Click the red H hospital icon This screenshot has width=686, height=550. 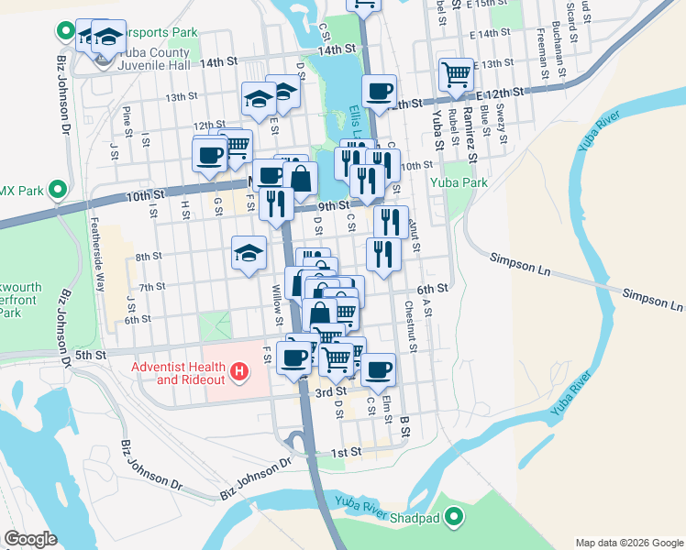coord(239,371)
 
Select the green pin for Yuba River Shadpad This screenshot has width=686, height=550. coord(451,518)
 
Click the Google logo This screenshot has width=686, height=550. coord(30,539)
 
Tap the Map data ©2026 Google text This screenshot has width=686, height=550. coord(628,543)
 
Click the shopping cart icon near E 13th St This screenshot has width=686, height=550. coord(456,73)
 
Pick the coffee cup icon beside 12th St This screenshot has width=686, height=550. coord(379,91)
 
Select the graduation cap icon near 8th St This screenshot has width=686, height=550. coord(248,252)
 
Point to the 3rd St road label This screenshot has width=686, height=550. coord(323,392)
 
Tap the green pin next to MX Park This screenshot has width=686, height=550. coord(57,190)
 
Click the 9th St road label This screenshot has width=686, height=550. coord(330,206)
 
